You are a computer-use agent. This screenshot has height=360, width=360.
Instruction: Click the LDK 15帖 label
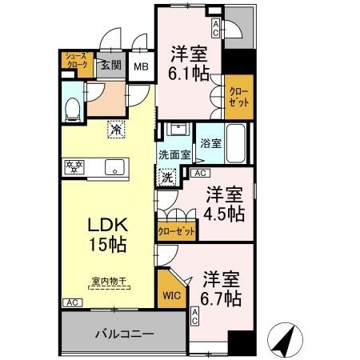pos(106,233)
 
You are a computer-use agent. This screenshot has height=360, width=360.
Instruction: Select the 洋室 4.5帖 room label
pos(222,204)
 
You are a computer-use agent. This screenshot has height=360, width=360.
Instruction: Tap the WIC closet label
pos(172,294)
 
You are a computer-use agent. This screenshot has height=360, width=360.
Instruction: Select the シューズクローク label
pos(75,62)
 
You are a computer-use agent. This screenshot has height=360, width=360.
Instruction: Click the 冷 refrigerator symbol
pos(116,129)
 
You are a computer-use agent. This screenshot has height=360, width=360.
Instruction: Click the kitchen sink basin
pos(114,168)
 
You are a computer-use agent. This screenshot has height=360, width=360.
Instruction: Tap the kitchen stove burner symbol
pos(75,168)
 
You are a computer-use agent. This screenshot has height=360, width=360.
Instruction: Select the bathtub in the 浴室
pos(237,143)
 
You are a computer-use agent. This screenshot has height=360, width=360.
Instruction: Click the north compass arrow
pos(285,339)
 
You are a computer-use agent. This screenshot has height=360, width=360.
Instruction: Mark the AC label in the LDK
pos(71,303)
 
